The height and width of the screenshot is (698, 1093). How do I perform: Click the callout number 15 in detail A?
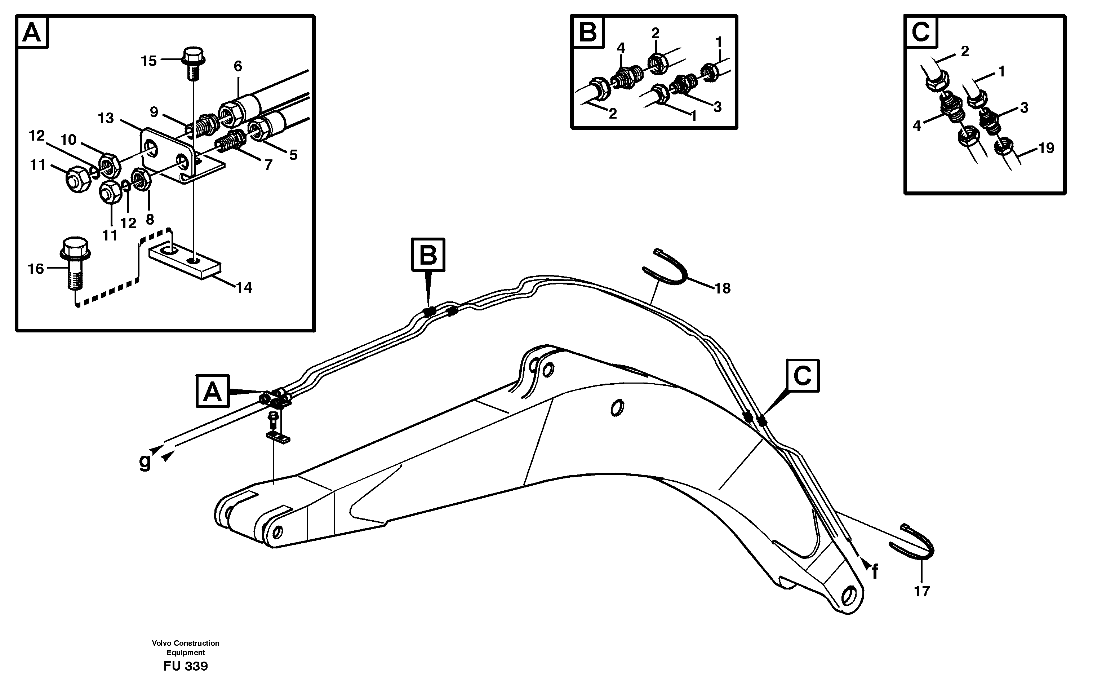[x=148, y=61]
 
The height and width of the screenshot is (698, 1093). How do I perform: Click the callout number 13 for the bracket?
[x=106, y=119]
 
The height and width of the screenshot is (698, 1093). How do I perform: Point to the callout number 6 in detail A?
[x=238, y=67]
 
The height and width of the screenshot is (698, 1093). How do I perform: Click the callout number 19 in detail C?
[x=1046, y=148]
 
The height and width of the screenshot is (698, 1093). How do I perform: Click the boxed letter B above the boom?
[x=428, y=255]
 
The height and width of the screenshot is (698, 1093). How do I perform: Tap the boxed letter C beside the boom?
[x=803, y=376]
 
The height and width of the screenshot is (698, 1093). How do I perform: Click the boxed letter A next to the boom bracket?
[x=212, y=391]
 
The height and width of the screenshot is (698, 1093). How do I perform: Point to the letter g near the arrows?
[x=145, y=462]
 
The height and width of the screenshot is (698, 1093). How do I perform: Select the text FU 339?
[x=186, y=666]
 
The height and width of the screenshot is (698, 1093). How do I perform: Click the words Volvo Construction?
[x=186, y=643]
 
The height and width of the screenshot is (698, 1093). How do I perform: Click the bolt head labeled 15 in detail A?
[x=193, y=56]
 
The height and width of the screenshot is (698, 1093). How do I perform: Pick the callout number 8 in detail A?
[x=150, y=219]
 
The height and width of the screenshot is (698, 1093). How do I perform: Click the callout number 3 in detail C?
[x=1023, y=108]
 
